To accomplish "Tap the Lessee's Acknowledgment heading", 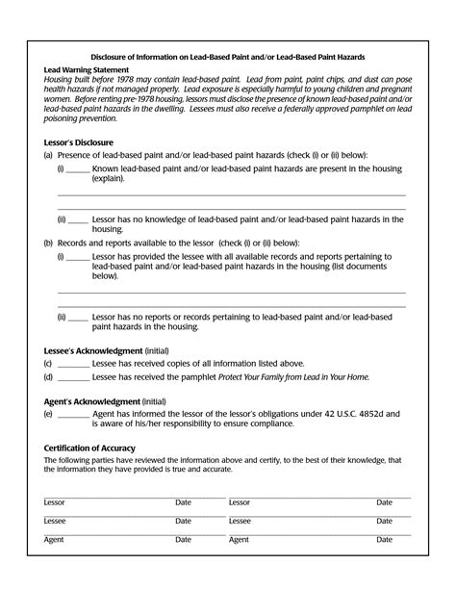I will coord(92,349).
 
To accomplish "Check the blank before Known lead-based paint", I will coord(78,168).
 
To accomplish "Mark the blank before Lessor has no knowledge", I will coord(80,219).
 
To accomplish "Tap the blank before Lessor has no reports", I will coord(80,317).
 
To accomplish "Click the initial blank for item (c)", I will coord(73,364).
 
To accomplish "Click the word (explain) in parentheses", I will coord(109,179).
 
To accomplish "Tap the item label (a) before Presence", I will coord(49,155).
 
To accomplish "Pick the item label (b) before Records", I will coord(49,244).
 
